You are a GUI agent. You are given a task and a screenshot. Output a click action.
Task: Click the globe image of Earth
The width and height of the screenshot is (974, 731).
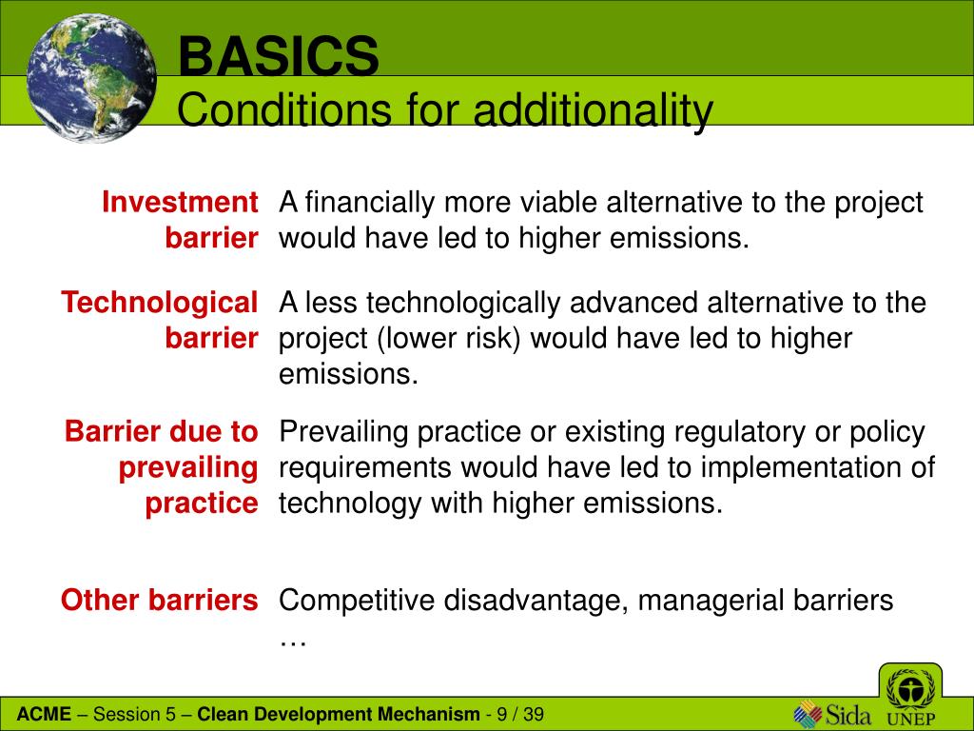pyautogui.click(x=91, y=78)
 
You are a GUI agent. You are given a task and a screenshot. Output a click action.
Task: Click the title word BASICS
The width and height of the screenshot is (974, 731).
pyautogui.click(x=279, y=56)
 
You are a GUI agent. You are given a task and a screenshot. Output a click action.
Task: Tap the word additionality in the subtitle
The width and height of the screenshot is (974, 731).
pyautogui.click(x=594, y=110)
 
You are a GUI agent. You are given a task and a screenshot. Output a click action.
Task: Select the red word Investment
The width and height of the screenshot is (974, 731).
pyautogui.click(x=180, y=202)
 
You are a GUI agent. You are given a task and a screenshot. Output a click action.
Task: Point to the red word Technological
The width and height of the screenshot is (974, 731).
pyautogui.click(x=160, y=303)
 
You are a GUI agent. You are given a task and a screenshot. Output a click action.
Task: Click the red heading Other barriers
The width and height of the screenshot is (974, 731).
pyautogui.click(x=159, y=600)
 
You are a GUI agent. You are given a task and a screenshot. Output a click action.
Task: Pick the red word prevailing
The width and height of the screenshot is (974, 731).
pyautogui.click(x=188, y=467)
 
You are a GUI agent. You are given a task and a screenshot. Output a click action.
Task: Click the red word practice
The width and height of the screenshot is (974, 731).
pyautogui.click(x=202, y=503)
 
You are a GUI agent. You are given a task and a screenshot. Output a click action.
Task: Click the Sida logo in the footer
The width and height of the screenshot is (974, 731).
pyautogui.click(x=832, y=714)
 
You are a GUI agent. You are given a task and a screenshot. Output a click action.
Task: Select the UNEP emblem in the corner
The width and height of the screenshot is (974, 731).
pyautogui.click(x=910, y=697)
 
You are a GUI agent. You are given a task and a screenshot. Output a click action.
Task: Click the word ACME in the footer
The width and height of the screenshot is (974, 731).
pyautogui.click(x=44, y=714)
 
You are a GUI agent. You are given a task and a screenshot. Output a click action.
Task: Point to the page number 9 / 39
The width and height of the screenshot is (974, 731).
pyautogui.click(x=520, y=714)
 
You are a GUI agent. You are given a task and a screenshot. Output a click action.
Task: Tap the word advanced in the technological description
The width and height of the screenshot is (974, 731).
pyautogui.click(x=633, y=303)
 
